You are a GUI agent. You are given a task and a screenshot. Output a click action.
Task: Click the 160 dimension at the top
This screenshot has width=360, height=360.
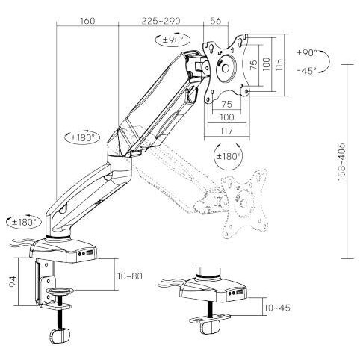coord(87,21)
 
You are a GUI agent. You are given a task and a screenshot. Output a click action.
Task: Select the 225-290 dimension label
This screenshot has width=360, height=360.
coord(161,21)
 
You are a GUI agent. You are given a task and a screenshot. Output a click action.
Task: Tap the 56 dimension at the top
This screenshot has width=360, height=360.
coord(216,21)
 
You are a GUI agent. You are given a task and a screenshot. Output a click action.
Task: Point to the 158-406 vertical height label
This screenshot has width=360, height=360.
coord(342,162)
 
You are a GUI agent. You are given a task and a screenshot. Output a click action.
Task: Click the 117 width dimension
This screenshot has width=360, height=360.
coord(226,131)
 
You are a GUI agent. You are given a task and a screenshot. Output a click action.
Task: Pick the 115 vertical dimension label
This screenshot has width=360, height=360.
coord(279,65)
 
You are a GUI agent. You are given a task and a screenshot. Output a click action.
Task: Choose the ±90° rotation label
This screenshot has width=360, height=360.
coord(173,40)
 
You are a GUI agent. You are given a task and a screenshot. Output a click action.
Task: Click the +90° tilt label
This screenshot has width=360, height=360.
coord(307,53)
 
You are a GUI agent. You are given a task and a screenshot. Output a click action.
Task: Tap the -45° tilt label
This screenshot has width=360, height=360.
coord(307,71)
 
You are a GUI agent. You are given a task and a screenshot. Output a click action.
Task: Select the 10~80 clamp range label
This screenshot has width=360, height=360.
coord(129,276)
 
